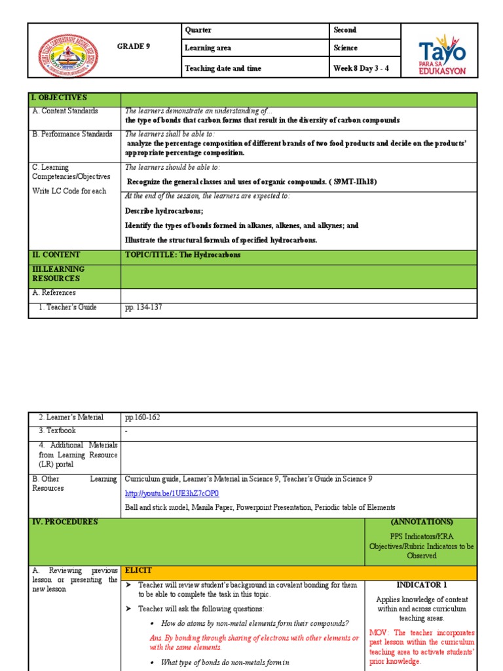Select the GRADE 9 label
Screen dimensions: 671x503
click(134, 47)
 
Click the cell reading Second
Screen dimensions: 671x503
click(345, 30)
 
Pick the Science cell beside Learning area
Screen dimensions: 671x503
click(345, 48)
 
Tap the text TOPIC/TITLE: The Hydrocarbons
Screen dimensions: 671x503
click(183, 255)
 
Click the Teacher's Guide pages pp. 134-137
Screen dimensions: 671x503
click(143, 307)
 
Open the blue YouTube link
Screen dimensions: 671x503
click(172, 493)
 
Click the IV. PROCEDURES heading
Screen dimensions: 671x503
click(65, 522)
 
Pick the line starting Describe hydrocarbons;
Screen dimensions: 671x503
click(164, 211)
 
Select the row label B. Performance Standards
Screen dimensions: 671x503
click(72, 134)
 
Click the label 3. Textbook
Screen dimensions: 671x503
click(57, 431)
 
